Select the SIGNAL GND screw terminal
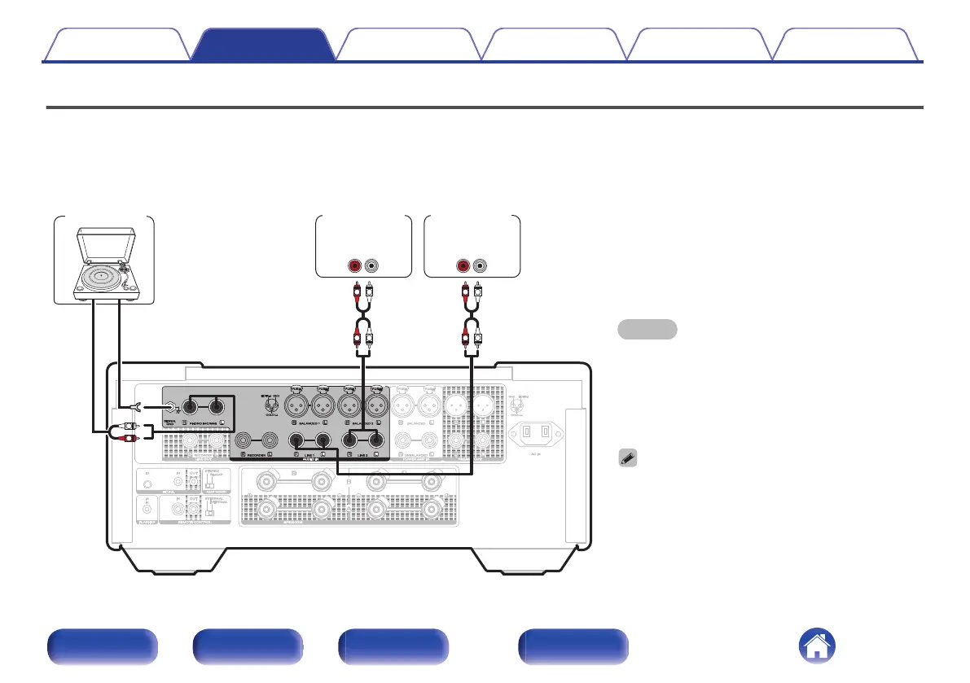click(x=170, y=408)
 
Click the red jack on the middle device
click(x=355, y=265)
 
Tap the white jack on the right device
click(x=481, y=265)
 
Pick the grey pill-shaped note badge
click(x=647, y=329)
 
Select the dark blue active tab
click(x=264, y=45)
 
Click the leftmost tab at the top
click(x=116, y=45)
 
